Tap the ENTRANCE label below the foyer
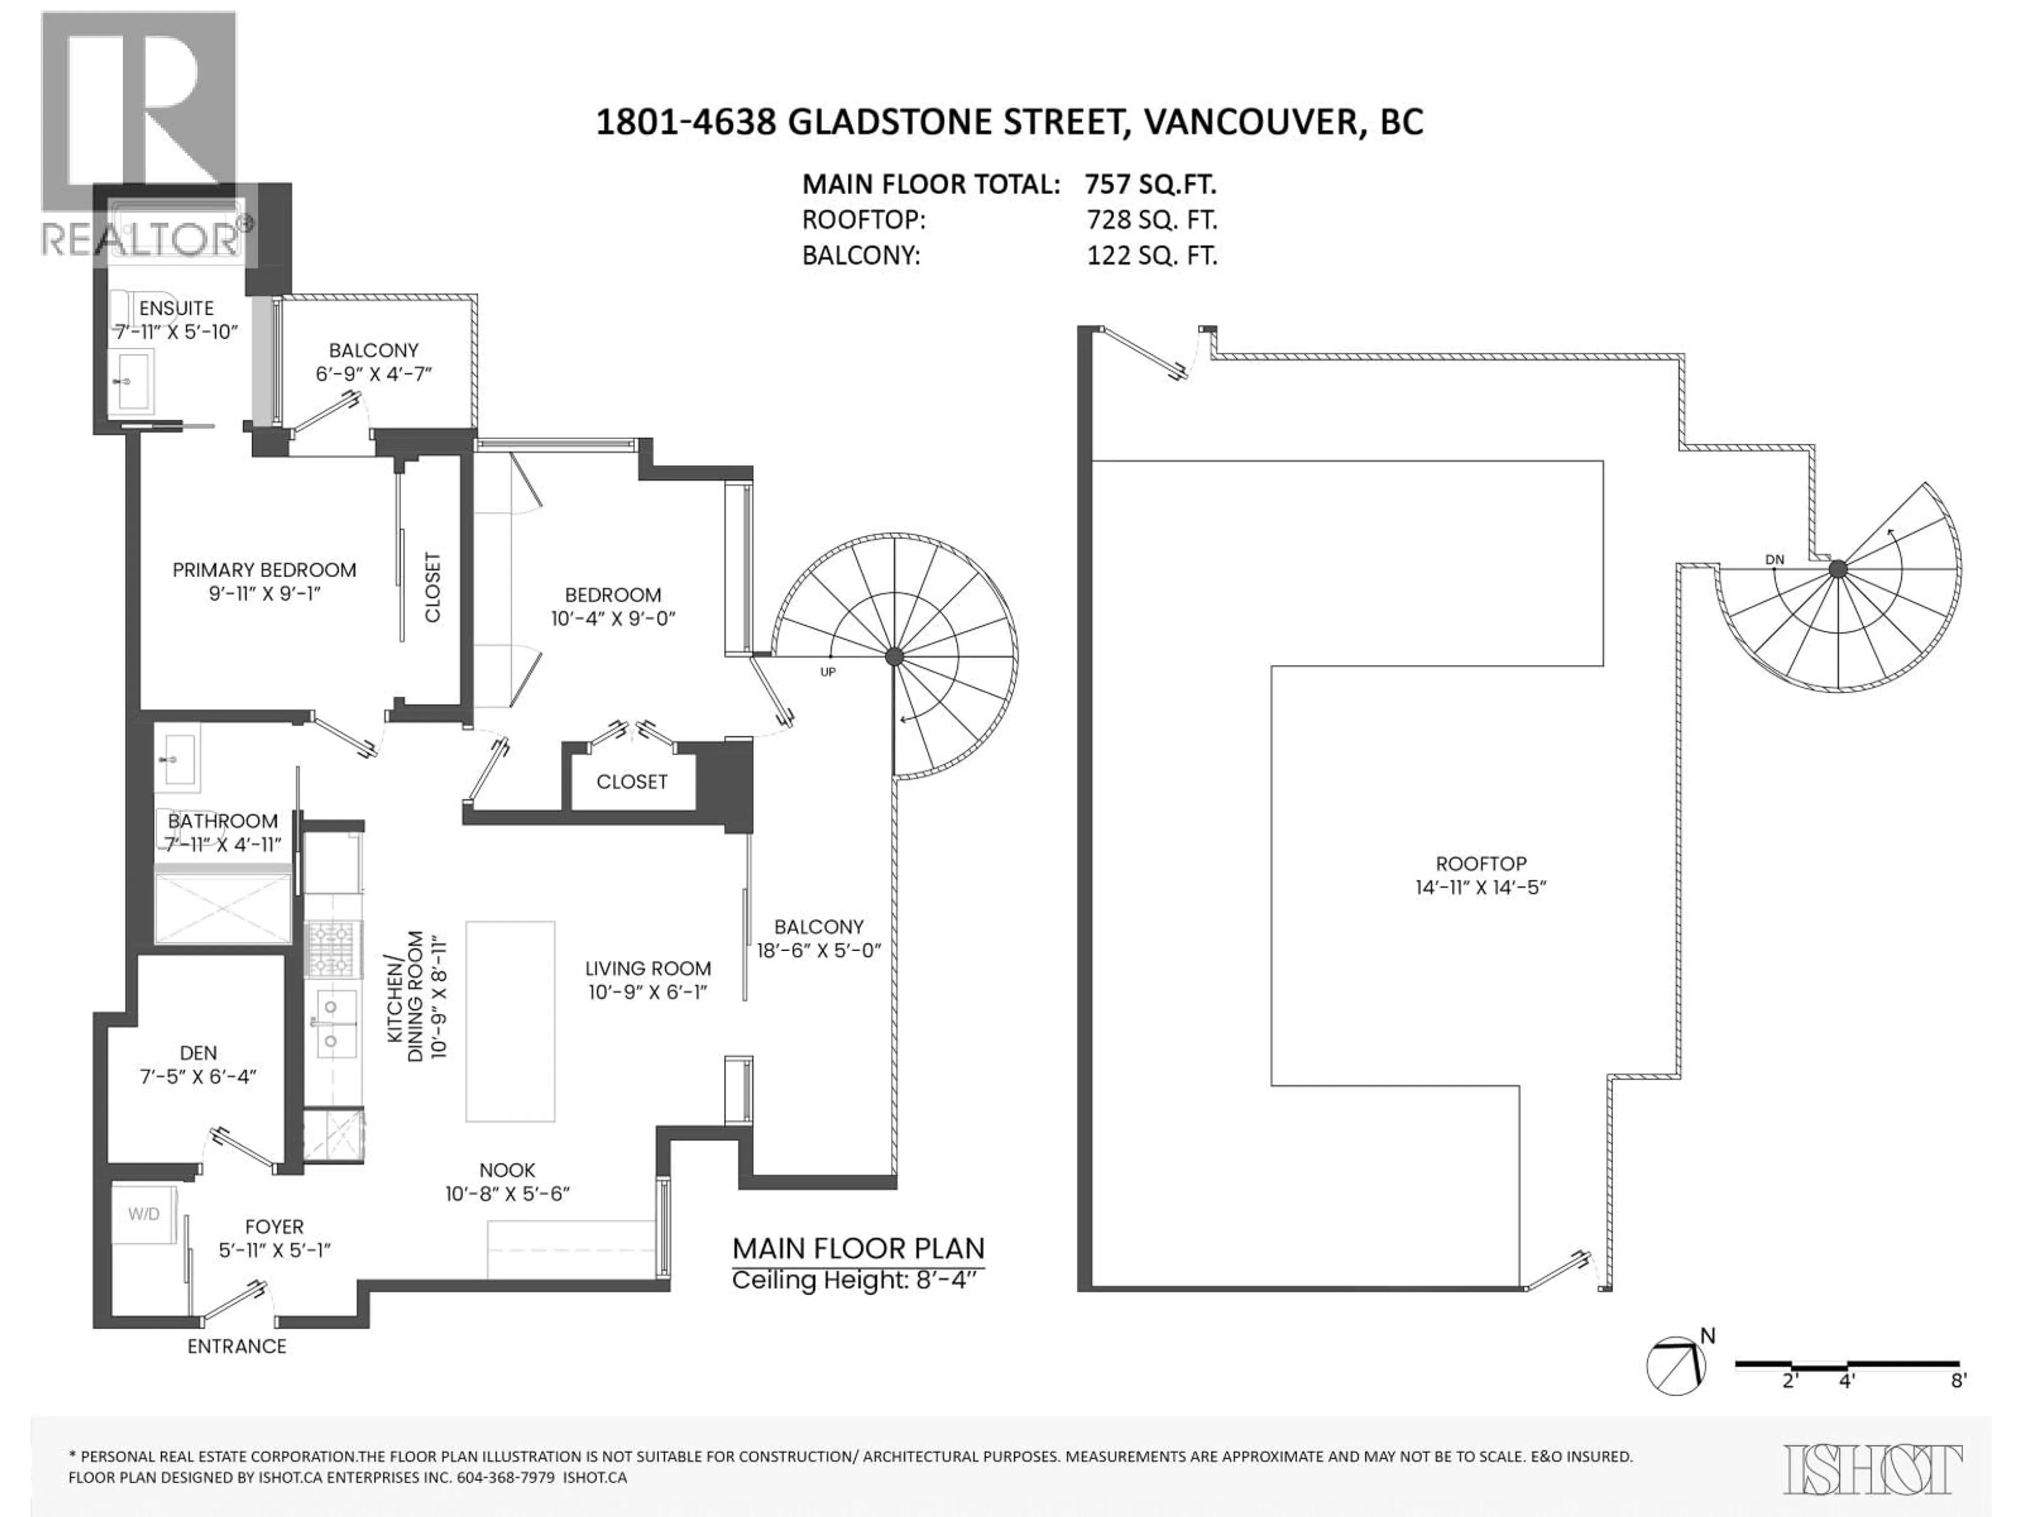click(237, 1346)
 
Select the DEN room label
click(199, 1053)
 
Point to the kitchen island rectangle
click(510, 1020)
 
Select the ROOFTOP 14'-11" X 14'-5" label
click(1481, 875)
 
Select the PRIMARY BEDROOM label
click(264, 570)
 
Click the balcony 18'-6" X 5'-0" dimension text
click(818, 950)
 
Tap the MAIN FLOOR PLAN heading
click(858, 1248)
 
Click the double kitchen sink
click(333, 1024)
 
